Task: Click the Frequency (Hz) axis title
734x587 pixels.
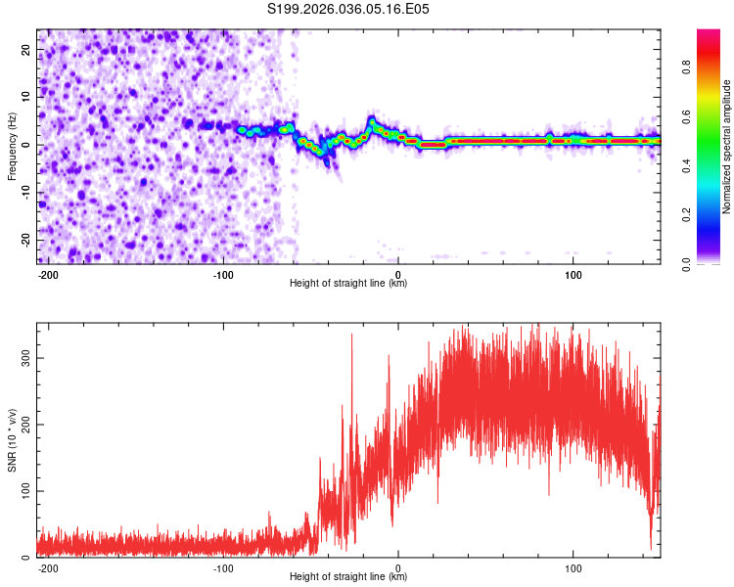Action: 13,146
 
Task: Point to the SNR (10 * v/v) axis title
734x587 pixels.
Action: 13,439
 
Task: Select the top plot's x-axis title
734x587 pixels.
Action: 348,284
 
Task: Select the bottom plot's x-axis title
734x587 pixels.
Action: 348,577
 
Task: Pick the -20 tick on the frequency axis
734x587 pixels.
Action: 24,240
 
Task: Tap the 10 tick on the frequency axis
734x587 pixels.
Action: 26,98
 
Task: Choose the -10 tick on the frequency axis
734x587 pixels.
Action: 24,193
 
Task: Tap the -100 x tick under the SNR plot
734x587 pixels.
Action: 223,566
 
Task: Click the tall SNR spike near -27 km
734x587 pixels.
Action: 351,338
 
